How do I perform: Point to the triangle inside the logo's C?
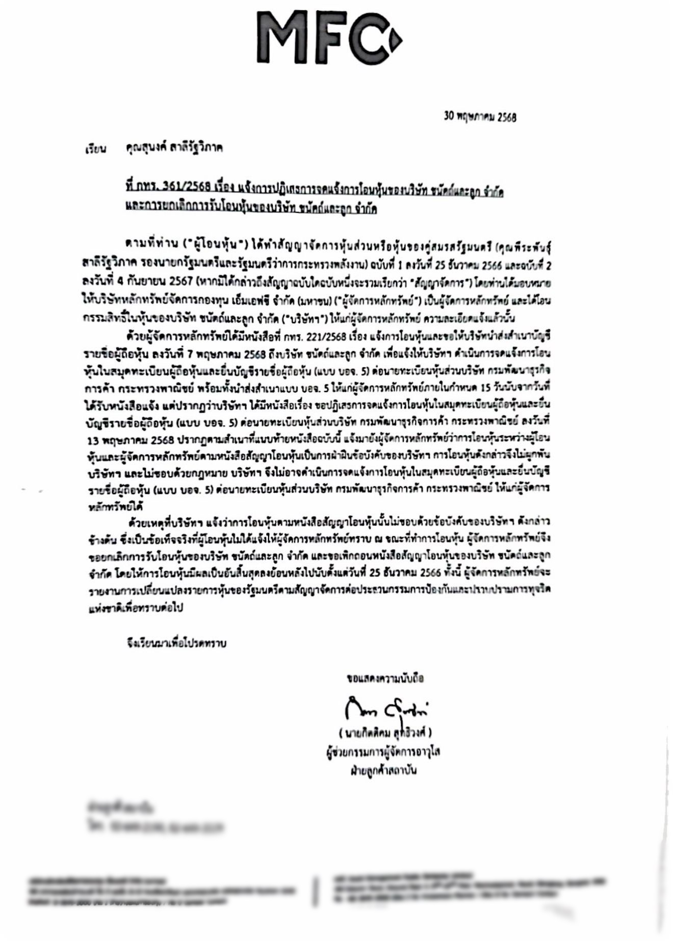click(x=394, y=38)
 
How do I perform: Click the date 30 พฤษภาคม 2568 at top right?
click(x=480, y=117)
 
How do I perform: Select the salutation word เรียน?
click(x=95, y=150)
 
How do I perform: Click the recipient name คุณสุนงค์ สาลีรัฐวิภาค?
click(x=174, y=148)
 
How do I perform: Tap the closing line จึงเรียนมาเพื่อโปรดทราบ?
click(x=177, y=643)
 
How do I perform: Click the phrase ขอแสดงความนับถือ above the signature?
click(x=385, y=678)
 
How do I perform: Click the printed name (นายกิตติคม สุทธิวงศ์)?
click(x=385, y=733)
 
